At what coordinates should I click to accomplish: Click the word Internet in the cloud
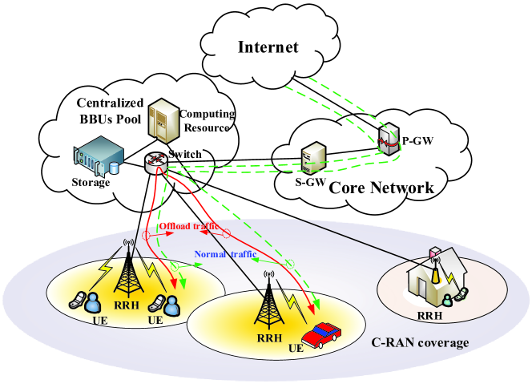point(268,47)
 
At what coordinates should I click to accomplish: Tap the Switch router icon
point(155,163)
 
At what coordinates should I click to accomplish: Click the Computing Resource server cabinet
point(163,120)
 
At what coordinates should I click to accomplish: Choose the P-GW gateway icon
point(389,139)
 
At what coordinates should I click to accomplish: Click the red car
point(321,335)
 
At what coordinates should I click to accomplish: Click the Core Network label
point(381,188)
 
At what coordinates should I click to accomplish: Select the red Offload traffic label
point(189,226)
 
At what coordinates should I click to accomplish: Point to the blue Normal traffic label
point(225,254)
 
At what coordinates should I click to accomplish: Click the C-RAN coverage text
point(420,342)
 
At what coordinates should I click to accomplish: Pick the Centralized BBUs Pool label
point(111,111)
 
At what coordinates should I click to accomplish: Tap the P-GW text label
point(417,140)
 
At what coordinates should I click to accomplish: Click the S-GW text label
point(310,182)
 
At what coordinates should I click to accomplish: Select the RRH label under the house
point(429,316)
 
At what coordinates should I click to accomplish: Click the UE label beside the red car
point(296,348)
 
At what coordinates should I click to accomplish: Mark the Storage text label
point(91,183)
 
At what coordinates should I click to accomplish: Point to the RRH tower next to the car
point(269,301)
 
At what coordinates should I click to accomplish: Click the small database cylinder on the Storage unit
point(115,168)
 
